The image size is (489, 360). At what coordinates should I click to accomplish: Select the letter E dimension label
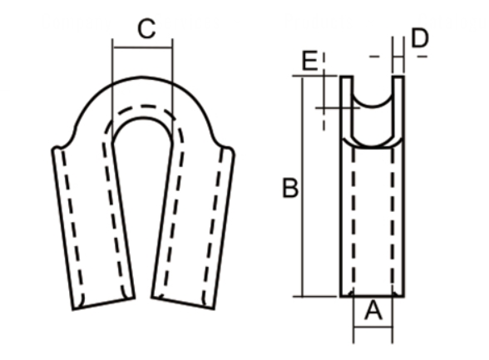pyautogui.click(x=309, y=61)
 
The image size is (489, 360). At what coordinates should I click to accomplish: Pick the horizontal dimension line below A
pyautogui.click(x=373, y=327)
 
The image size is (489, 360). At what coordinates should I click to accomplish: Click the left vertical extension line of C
pyautogui.click(x=111, y=75)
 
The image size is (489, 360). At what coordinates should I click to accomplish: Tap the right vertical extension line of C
pyautogui.click(x=172, y=75)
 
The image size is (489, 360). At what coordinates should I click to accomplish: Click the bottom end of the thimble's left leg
pyautogui.click(x=103, y=301)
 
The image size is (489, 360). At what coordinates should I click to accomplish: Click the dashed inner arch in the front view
pyautogui.click(x=141, y=108)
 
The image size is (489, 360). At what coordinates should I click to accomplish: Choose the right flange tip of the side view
pyautogui.click(x=398, y=78)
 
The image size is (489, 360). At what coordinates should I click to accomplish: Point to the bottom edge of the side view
pyautogui.click(x=373, y=295)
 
